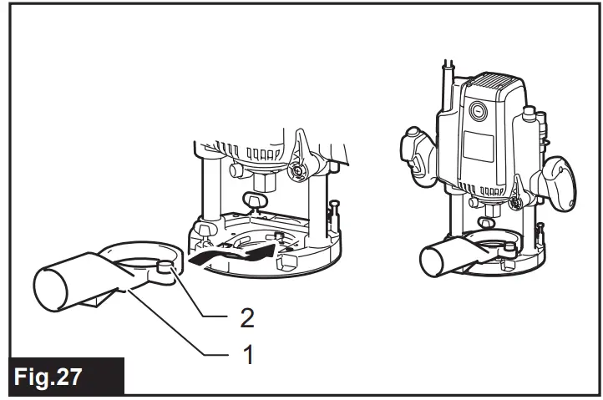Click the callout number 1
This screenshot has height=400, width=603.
[x=248, y=352]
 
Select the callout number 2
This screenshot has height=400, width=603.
[x=248, y=316]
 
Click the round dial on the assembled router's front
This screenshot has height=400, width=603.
[x=477, y=109]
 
